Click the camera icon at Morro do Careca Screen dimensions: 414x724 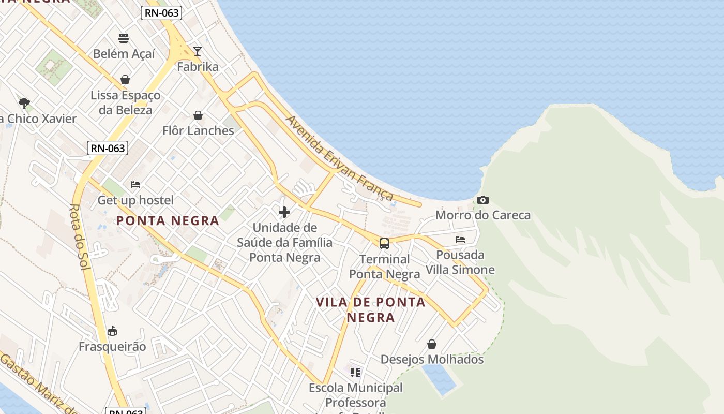(x=483, y=200)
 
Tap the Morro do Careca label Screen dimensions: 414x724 (x=483, y=215)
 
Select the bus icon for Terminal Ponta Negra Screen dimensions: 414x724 (x=384, y=244)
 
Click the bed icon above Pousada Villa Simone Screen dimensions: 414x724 (x=460, y=240)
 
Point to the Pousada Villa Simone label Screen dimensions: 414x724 (x=460, y=262)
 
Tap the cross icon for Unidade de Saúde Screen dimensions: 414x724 (x=284, y=212)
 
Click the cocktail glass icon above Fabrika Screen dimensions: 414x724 (x=197, y=51)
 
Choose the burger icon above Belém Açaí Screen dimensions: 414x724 (x=123, y=38)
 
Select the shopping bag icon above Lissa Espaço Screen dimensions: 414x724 (x=125, y=80)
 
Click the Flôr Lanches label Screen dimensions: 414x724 (x=198, y=130)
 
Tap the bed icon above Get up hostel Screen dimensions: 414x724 (x=135, y=185)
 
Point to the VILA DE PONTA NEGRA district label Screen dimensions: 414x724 (x=370, y=309)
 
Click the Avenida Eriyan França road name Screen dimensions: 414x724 (x=339, y=158)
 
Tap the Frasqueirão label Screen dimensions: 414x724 (x=112, y=346)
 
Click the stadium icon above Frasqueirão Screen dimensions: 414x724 (x=112, y=331)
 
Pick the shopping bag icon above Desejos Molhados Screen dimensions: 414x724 (x=432, y=344)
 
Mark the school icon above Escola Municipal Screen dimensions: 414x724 (x=355, y=373)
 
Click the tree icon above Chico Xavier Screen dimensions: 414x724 (x=24, y=103)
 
